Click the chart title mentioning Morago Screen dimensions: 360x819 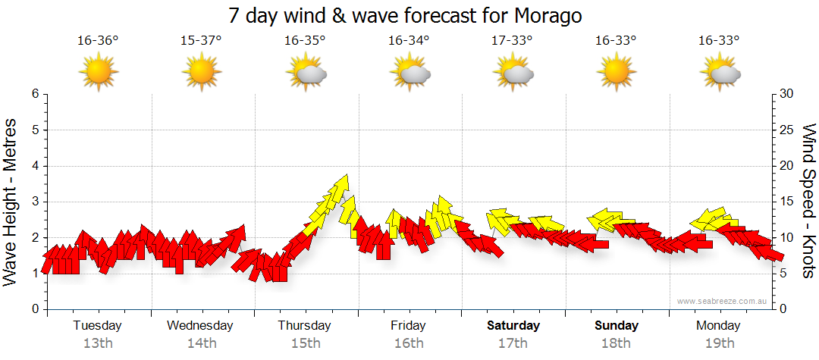(409, 15)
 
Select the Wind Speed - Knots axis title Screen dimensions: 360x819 (808, 201)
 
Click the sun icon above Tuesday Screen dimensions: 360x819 (98, 74)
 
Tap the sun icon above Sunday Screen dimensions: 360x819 (616, 74)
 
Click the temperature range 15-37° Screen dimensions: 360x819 (201, 41)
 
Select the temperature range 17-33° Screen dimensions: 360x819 (513, 41)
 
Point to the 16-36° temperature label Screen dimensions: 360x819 (98, 41)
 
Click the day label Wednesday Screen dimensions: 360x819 (200, 326)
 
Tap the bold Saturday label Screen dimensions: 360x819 (513, 326)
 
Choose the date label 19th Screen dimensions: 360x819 (720, 343)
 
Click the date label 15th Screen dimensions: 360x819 (305, 343)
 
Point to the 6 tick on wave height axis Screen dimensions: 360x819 (34, 94)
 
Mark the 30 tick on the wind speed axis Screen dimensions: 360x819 (787, 94)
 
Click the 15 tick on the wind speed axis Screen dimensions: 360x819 (787, 202)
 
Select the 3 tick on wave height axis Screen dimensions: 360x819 (34, 202)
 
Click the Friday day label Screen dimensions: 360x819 (408, 326)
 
